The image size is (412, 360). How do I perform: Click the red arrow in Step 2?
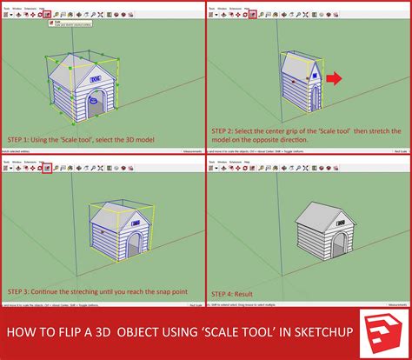point(334,81)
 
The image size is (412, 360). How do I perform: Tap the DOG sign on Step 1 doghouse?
point(95,77)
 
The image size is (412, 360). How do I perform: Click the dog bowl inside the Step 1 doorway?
point(103,108)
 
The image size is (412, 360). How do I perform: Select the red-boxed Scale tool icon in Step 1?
point(47,15)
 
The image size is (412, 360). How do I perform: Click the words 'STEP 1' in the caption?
point(23,138)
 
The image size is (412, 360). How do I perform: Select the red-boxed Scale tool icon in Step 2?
point(253,15)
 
